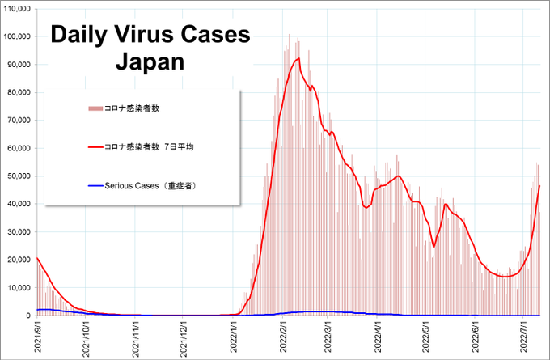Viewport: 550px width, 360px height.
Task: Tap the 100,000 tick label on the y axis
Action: click(17, 36)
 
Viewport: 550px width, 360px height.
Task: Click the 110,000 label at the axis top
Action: click(17, 9)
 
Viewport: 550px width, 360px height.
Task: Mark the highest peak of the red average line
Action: click(298, 58)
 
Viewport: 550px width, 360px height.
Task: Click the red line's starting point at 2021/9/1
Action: click(37, 258)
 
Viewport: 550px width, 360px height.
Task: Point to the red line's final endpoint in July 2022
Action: click(539, 186)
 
